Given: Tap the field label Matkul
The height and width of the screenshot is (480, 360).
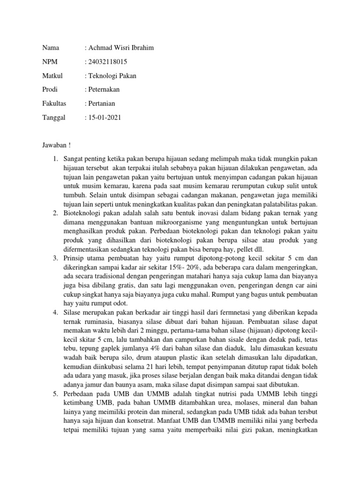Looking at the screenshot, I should [x=52, y=75].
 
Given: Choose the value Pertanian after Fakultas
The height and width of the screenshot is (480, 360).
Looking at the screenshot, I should [x=102, y=104].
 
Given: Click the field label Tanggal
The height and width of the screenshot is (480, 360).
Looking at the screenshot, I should [x=54, y=118].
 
